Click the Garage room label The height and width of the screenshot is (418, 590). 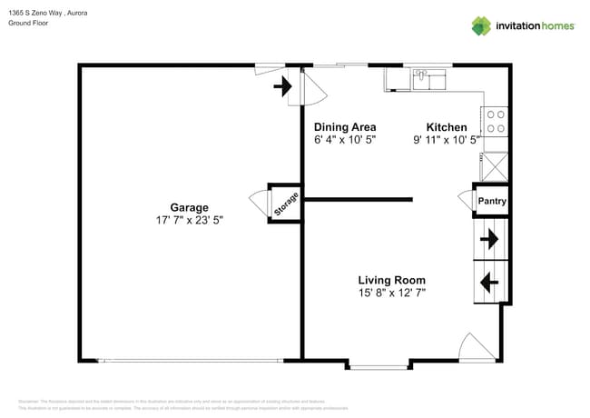(189, 207)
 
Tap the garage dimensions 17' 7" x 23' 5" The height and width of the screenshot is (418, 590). (189, 220)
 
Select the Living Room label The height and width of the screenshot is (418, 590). (391, 280)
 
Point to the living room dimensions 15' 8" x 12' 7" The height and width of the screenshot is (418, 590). (391, 293)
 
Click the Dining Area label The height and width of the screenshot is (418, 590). (345, 127)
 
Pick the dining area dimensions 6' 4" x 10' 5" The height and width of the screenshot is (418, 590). (345, 140)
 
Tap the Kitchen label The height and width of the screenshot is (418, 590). (447, 127)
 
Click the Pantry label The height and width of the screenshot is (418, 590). (492, 202)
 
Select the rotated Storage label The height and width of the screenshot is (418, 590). (284, 204)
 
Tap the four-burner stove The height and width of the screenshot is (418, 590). (496, 122)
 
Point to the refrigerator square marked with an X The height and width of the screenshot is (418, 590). (496, 165)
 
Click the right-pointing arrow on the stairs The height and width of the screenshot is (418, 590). (489, 239)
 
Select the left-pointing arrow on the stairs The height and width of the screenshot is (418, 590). (488, 283)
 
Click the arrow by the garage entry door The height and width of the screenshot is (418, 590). (282, 86)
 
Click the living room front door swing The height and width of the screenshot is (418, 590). (477, 346)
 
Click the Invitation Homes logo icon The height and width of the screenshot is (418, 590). (481, 25)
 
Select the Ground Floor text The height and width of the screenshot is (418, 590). (28, 24)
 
